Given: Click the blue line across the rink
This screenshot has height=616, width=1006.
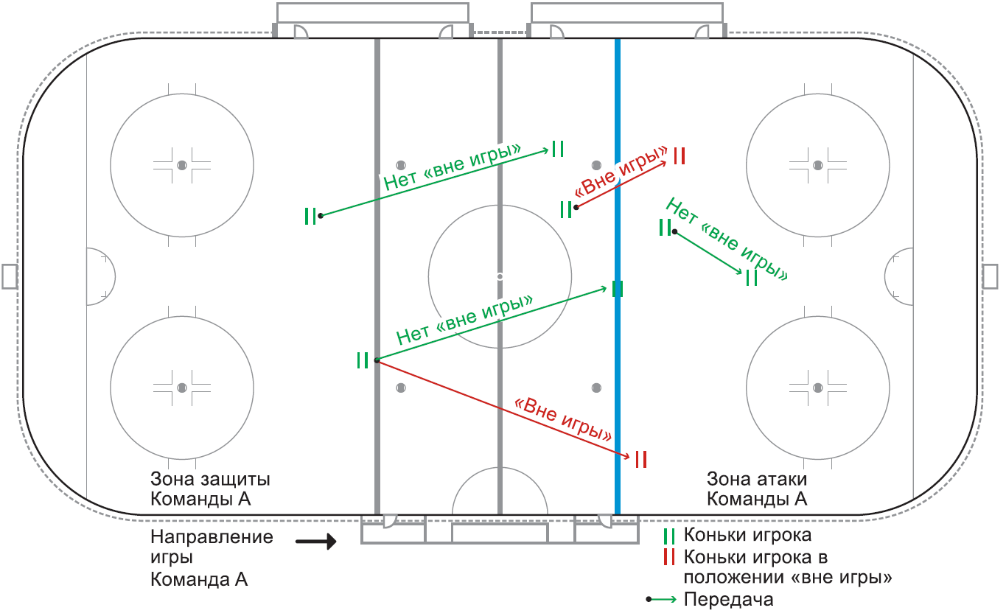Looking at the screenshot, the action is tap(618, 276).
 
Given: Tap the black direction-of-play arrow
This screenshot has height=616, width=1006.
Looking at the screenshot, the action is tap(316, 542).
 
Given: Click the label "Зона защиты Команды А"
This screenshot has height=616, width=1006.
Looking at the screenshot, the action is tap(210, 489).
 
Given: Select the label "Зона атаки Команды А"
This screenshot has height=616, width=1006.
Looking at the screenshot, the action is tap(757, 489).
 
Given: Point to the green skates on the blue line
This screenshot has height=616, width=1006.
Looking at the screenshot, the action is tap(618, 289).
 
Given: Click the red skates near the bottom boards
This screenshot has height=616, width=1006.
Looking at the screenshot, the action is tap(641, 459).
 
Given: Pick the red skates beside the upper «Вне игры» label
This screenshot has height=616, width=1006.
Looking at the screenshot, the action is tap(679, 156).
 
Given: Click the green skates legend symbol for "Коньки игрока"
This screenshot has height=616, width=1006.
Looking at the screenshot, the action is tap(669, 536).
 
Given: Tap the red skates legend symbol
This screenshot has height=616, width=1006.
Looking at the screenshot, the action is tap(669, 557).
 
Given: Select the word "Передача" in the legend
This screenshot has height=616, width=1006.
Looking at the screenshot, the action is tap(728, 599).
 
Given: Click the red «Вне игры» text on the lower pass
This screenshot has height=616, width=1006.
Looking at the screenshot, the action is tap(563, 419).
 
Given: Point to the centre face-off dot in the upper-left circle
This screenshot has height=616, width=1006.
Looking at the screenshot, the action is tap(182, 165).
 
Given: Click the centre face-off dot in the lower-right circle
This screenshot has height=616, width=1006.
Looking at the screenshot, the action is tap(818, 388).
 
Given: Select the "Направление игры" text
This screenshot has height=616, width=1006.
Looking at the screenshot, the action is tap(212, 547).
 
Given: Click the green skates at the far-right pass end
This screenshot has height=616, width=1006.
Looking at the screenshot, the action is tap(751, 278).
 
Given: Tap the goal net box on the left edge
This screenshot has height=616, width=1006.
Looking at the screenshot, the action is tap(10, 276).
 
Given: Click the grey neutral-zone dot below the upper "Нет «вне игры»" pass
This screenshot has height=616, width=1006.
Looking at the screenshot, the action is tap(401, 165).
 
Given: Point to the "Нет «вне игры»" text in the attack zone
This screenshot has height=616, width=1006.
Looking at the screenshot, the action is tap(727, 239).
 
